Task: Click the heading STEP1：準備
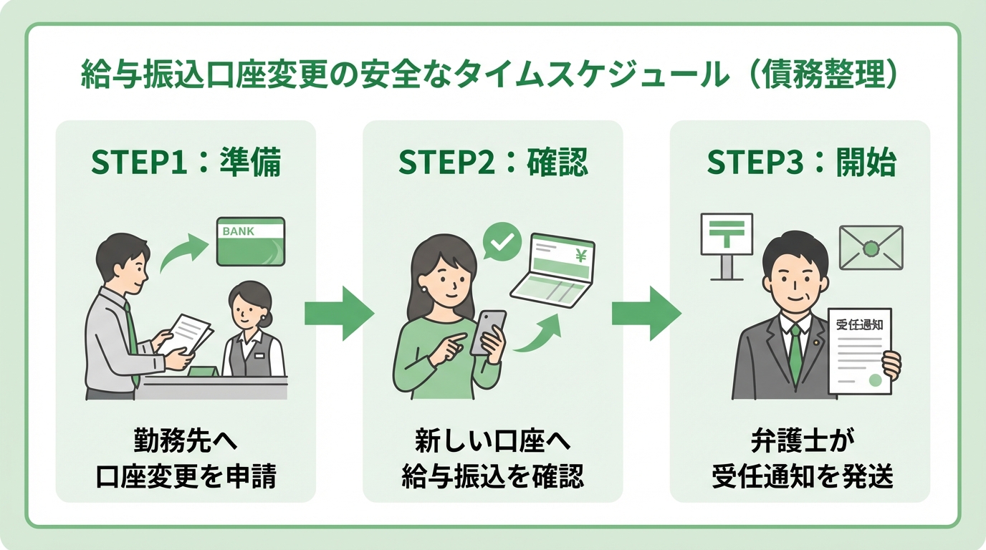point(186,163)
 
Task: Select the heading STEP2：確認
point(493,163)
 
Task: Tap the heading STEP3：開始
point(800,163)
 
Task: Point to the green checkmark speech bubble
point(504,242)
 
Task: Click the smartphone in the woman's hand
point(488,331)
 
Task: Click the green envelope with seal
point(871,247)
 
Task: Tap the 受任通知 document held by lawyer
point(859,351)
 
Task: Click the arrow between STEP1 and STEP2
point(339,313)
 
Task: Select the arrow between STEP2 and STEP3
point(646,313)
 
